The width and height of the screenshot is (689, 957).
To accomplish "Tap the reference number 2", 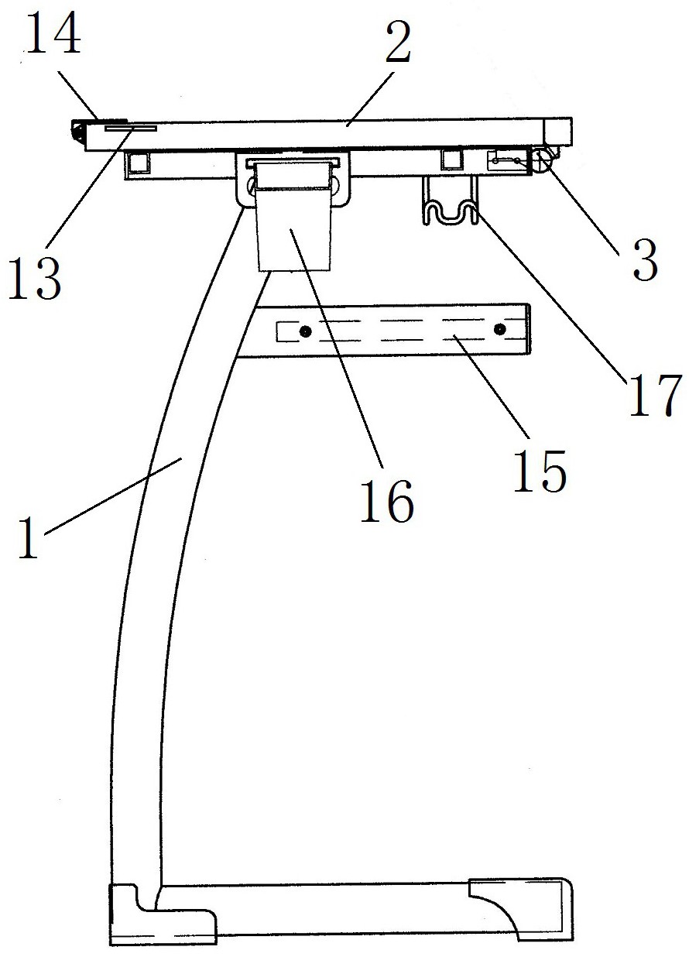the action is pyautogui.click(x=396, y=45).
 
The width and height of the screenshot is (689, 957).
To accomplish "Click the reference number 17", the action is pyautogui.click(x=655, y=394).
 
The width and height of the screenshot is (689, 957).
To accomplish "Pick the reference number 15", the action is pyautogui.click(x=540, y=468).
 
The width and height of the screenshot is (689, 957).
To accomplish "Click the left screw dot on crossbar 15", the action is pyautogui.click(x=306, y=331).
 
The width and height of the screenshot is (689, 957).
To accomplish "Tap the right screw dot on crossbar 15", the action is pyautogui.click(x=499, y=331).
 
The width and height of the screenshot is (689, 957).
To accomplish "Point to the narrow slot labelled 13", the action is pyautogui.click(x=131, y=129).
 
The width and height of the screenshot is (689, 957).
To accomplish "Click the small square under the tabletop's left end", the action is pyautogui.click(x=139, y=163).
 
